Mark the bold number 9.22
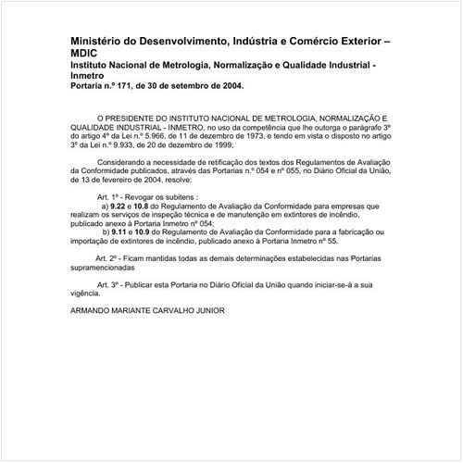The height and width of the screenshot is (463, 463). (x=120, y=206)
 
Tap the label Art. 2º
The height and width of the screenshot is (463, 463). (x=109, y=256)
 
